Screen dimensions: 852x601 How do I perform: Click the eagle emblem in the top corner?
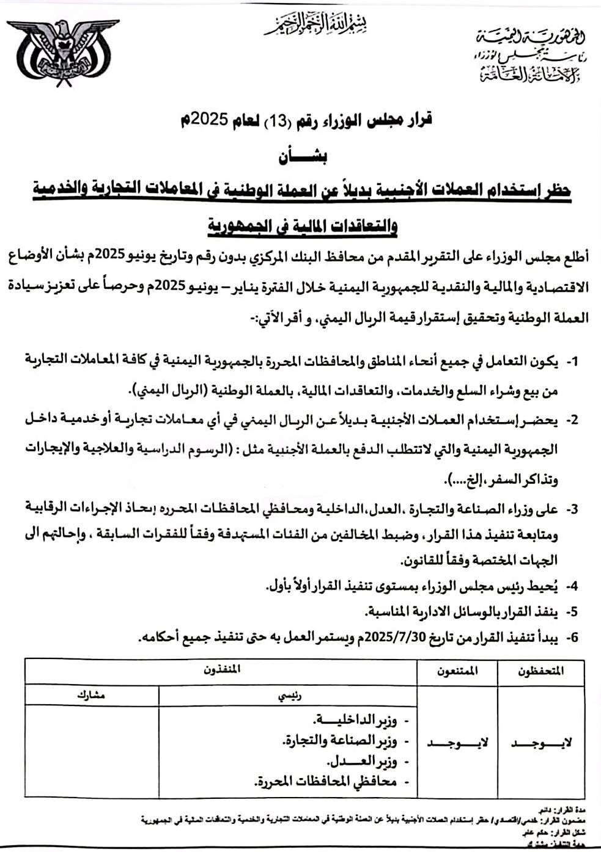(x=62, y=56)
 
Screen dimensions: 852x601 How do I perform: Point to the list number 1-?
(x=572, y=362)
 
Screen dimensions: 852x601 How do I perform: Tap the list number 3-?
(x=572, y=508)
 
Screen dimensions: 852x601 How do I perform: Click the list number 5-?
(x=572, y=611)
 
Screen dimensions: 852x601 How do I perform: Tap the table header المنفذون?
(x=222, y=669)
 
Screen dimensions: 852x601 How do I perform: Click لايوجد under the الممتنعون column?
(x=458, y=743)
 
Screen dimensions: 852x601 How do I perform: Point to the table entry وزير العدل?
(x=361, y=762)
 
